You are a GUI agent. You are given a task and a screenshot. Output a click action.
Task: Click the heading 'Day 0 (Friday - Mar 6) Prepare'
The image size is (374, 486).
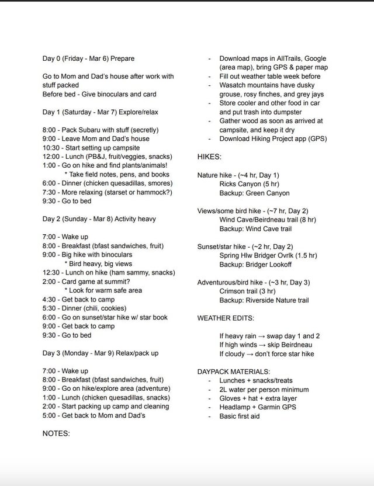[88, 58]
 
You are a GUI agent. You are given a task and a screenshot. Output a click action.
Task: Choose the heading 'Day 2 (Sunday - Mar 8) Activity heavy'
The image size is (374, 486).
[99, 219]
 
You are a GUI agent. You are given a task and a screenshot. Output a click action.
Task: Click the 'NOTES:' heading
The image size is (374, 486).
[56, 433]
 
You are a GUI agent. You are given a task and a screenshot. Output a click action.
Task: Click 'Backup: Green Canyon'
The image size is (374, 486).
[254, 193]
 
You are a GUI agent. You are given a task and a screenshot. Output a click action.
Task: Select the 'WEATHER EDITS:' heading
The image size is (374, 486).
[226, 318]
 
